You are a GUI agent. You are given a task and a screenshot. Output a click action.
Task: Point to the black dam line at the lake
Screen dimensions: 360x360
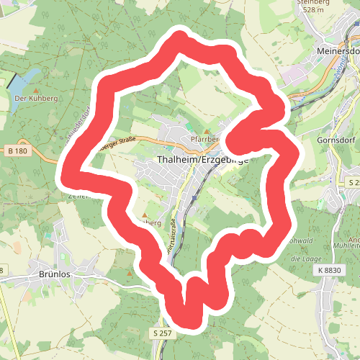tap(14, 80)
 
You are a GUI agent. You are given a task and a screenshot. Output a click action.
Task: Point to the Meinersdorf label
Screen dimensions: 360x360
tap(338, 53)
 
